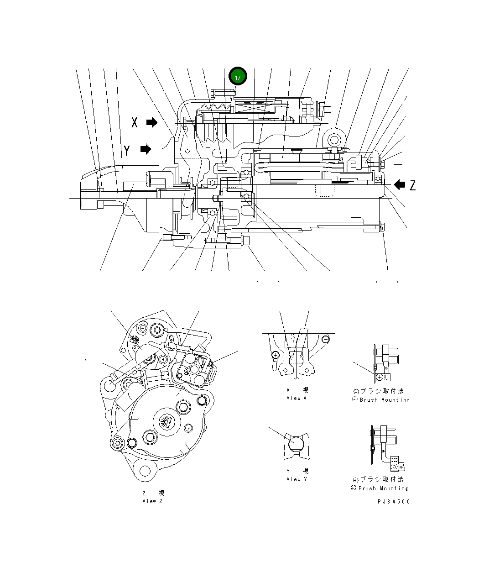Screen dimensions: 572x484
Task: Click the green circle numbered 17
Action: coord(238,77)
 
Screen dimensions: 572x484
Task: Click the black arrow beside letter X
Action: coord(151,122)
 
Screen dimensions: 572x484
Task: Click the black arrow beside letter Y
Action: coord(146,149)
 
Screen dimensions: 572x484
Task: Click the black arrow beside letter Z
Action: coord(399,184)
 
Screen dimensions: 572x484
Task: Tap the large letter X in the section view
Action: coord(135,122)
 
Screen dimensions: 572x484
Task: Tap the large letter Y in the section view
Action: coord(127,150)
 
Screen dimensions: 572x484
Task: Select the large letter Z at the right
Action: coord(413,185)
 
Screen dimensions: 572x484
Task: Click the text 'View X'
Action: coord(297,398)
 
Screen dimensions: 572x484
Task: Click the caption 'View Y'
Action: coord(297,479)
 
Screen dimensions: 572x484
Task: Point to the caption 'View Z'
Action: coord(152,501)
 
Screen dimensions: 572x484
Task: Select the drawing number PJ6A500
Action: coord(393,502)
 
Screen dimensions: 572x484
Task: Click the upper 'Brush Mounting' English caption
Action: coord(384,400)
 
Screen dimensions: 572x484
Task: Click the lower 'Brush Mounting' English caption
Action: coord(383,488)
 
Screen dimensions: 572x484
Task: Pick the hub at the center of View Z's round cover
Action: coord(167,421)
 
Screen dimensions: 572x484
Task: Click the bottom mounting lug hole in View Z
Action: coord(145,471)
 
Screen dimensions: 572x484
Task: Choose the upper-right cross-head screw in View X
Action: coord(325,339)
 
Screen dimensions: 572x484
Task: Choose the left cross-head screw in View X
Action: coord(275,355)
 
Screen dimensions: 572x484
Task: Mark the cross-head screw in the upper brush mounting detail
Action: coord(380,377)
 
